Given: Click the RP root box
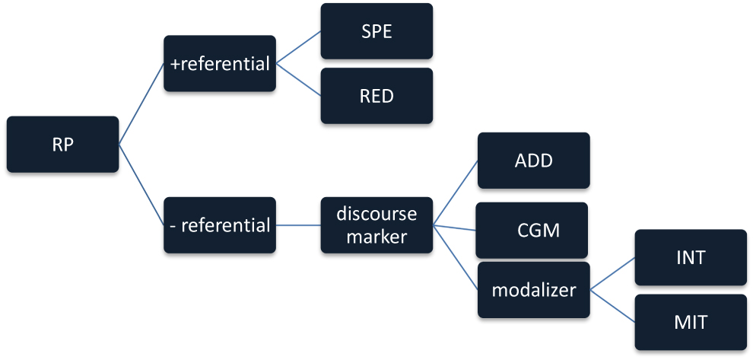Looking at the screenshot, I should click(x=62, y=145).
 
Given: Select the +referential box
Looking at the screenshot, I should click(x=220, y=64).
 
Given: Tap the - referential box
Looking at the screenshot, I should click(x=220, y=225).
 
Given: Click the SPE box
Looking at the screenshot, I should click(x=376, y=31).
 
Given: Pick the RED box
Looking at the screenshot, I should click(x=376, y=96).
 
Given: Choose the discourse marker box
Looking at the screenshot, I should click(x=376, y=225).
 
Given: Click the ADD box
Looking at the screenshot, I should click(x=533, y=161).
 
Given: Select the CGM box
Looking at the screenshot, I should click(x=532, y=230).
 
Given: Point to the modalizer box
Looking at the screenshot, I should click(x=533, y=290).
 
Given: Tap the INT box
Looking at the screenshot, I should click(x=691, y=257).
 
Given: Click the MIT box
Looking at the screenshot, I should click(x=691, y=322).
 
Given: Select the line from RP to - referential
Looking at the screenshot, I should click(x=141, y=185).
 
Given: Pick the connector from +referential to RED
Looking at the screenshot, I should click(x=298, y=80).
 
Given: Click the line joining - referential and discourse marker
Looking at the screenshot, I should click(x=298, y=225).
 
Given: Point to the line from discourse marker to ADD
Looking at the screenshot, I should click(x=455, y=193).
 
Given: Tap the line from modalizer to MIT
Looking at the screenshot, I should click(x=613, y=306).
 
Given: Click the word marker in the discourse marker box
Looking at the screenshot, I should click(x=376, y=237).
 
